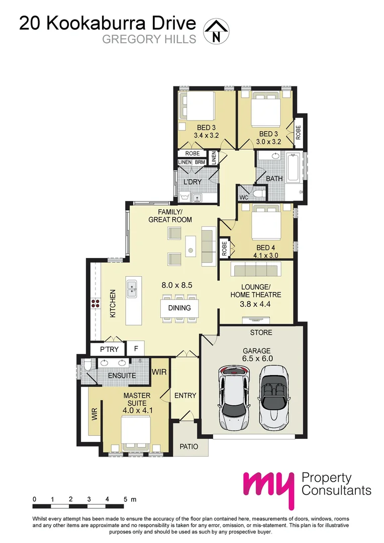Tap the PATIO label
189,446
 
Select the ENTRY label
185,396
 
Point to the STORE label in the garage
261,332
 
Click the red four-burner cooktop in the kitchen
95,303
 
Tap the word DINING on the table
179,308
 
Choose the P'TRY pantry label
109,348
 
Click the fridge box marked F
135,348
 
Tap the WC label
244,197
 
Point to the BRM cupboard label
200,162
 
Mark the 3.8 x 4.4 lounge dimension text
255,303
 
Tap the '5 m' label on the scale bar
129,499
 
